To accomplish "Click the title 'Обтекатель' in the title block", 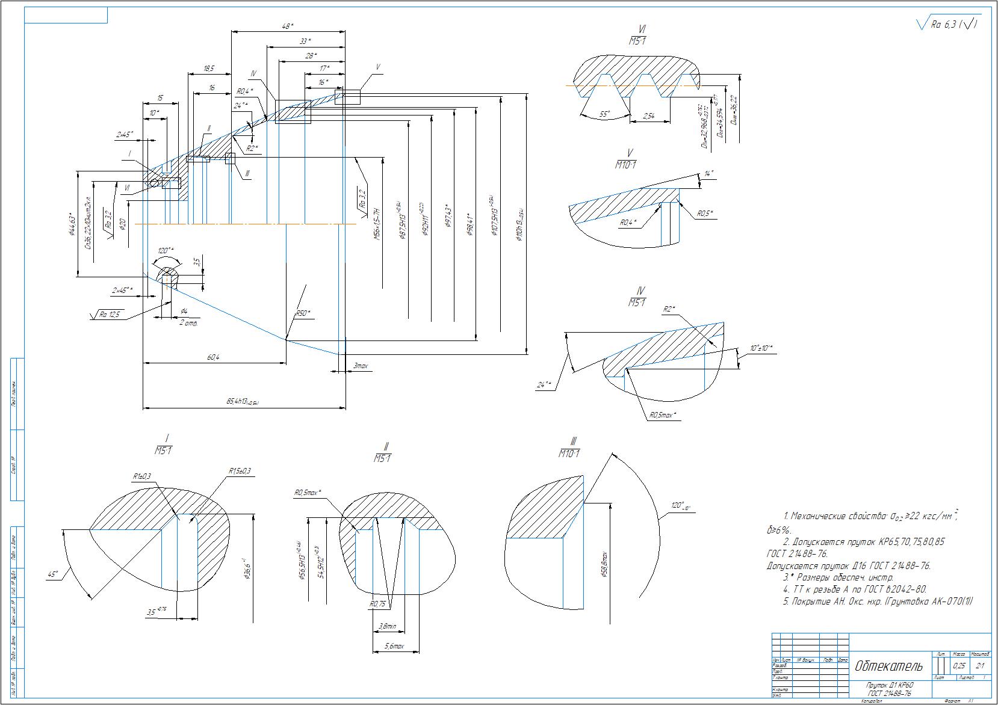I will (x=888, y=666).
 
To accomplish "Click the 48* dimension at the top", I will (x=288, y=26).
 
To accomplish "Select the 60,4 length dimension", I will (x=213, y=357).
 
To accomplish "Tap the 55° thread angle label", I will (x=604, y=114).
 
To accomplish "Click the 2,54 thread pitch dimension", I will (x=649, y=116).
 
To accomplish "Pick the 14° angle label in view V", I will (x=708, y=174).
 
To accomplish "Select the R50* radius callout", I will (x=303, y=313).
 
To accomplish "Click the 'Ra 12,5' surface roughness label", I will (x=110, y=314).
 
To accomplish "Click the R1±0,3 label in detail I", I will (x=142, y=476).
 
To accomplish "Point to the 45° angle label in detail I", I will (x=53, y=574).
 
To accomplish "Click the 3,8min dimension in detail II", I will (x=388, y=626).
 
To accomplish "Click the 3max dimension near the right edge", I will (x=361, y=366).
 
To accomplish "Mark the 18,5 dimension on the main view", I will (x=209, y=69).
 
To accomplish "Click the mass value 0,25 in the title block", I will (x=959, y=666).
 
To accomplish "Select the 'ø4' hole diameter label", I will (x=184, y=310).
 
